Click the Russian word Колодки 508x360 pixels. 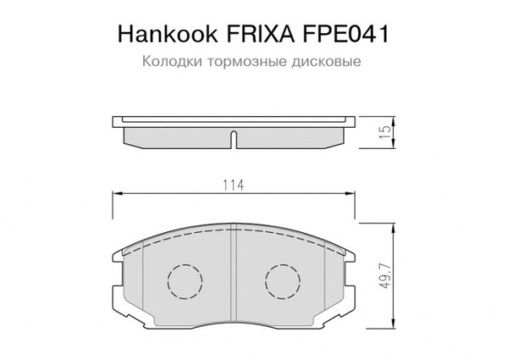pyautogui.click(x=168, y=62)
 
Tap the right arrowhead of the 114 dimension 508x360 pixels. pyautogui.click(x=351, y=195)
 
